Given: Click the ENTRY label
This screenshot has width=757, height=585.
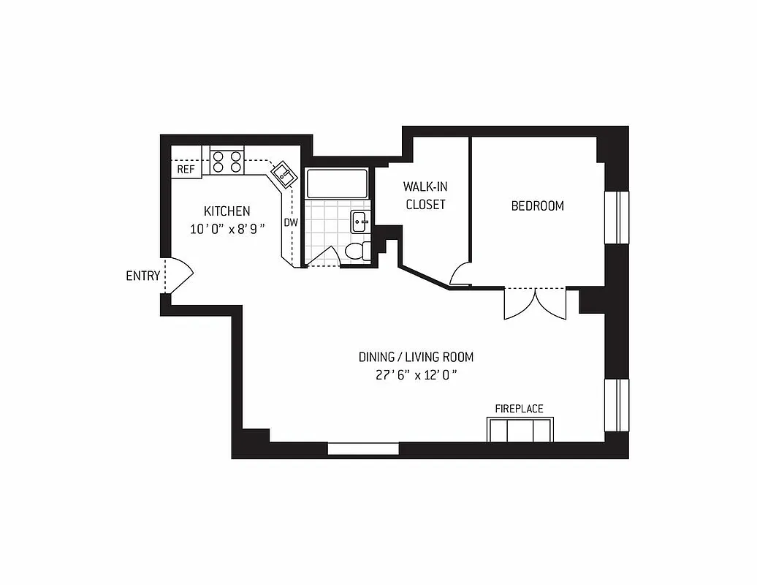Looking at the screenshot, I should [142, 276].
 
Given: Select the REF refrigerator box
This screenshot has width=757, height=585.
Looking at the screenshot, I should [186, 169].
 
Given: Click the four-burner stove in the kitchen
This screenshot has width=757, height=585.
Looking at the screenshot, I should [227, 161].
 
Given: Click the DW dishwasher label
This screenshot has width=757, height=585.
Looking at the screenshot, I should [290, 222].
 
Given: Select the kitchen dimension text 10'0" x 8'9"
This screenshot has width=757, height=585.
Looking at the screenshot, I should [227, 228].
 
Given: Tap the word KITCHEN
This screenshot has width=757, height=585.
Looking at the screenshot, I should [227, 211].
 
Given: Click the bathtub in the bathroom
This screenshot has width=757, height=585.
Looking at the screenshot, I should [337, 184].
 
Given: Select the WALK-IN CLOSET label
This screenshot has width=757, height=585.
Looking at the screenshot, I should [425, 195].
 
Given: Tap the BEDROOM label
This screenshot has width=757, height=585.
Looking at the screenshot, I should [537, 205].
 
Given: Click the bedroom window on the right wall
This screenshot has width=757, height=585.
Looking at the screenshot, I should [617, 217].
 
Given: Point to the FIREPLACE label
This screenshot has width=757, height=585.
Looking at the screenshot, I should [519, 409].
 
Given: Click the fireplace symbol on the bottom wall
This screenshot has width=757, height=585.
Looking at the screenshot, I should [520, 429].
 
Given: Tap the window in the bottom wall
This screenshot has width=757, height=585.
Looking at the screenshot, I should [363, 448].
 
